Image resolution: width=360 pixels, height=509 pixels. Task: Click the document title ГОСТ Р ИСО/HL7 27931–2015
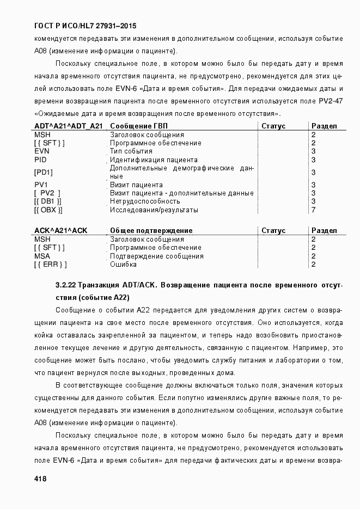(x=85, y=26)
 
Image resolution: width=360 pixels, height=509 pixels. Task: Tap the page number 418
(x=40, y=479)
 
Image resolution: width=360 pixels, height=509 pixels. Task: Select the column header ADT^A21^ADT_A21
(x=68, y=126)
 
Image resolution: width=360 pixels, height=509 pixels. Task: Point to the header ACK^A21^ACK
(x=60, y=231)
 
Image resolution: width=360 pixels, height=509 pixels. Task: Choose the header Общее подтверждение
(x=151, y=231)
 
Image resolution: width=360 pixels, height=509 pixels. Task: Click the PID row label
(x=40, y=160)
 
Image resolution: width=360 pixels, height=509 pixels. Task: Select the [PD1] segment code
(x=44, y=172)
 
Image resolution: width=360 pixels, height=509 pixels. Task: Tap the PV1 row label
(x=41, y=185)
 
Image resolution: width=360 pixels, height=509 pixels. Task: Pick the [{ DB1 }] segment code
(x=48, y=201)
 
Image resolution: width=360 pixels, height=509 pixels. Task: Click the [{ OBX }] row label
(x=48, y=210)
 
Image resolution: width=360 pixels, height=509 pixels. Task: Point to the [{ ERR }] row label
(x=50, y=265)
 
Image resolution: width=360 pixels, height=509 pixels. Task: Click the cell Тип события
(x=131, y=151)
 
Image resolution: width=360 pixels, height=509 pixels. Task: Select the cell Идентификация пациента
(x=154, y=160)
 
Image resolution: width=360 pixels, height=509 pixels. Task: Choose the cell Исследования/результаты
(x=154, y=210)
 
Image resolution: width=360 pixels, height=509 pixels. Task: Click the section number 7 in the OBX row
(x=313, y=210)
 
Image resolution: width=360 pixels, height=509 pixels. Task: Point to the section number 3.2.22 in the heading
(x=66, y=285)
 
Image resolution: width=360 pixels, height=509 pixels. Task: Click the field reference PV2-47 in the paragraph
(x=330, y=102)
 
